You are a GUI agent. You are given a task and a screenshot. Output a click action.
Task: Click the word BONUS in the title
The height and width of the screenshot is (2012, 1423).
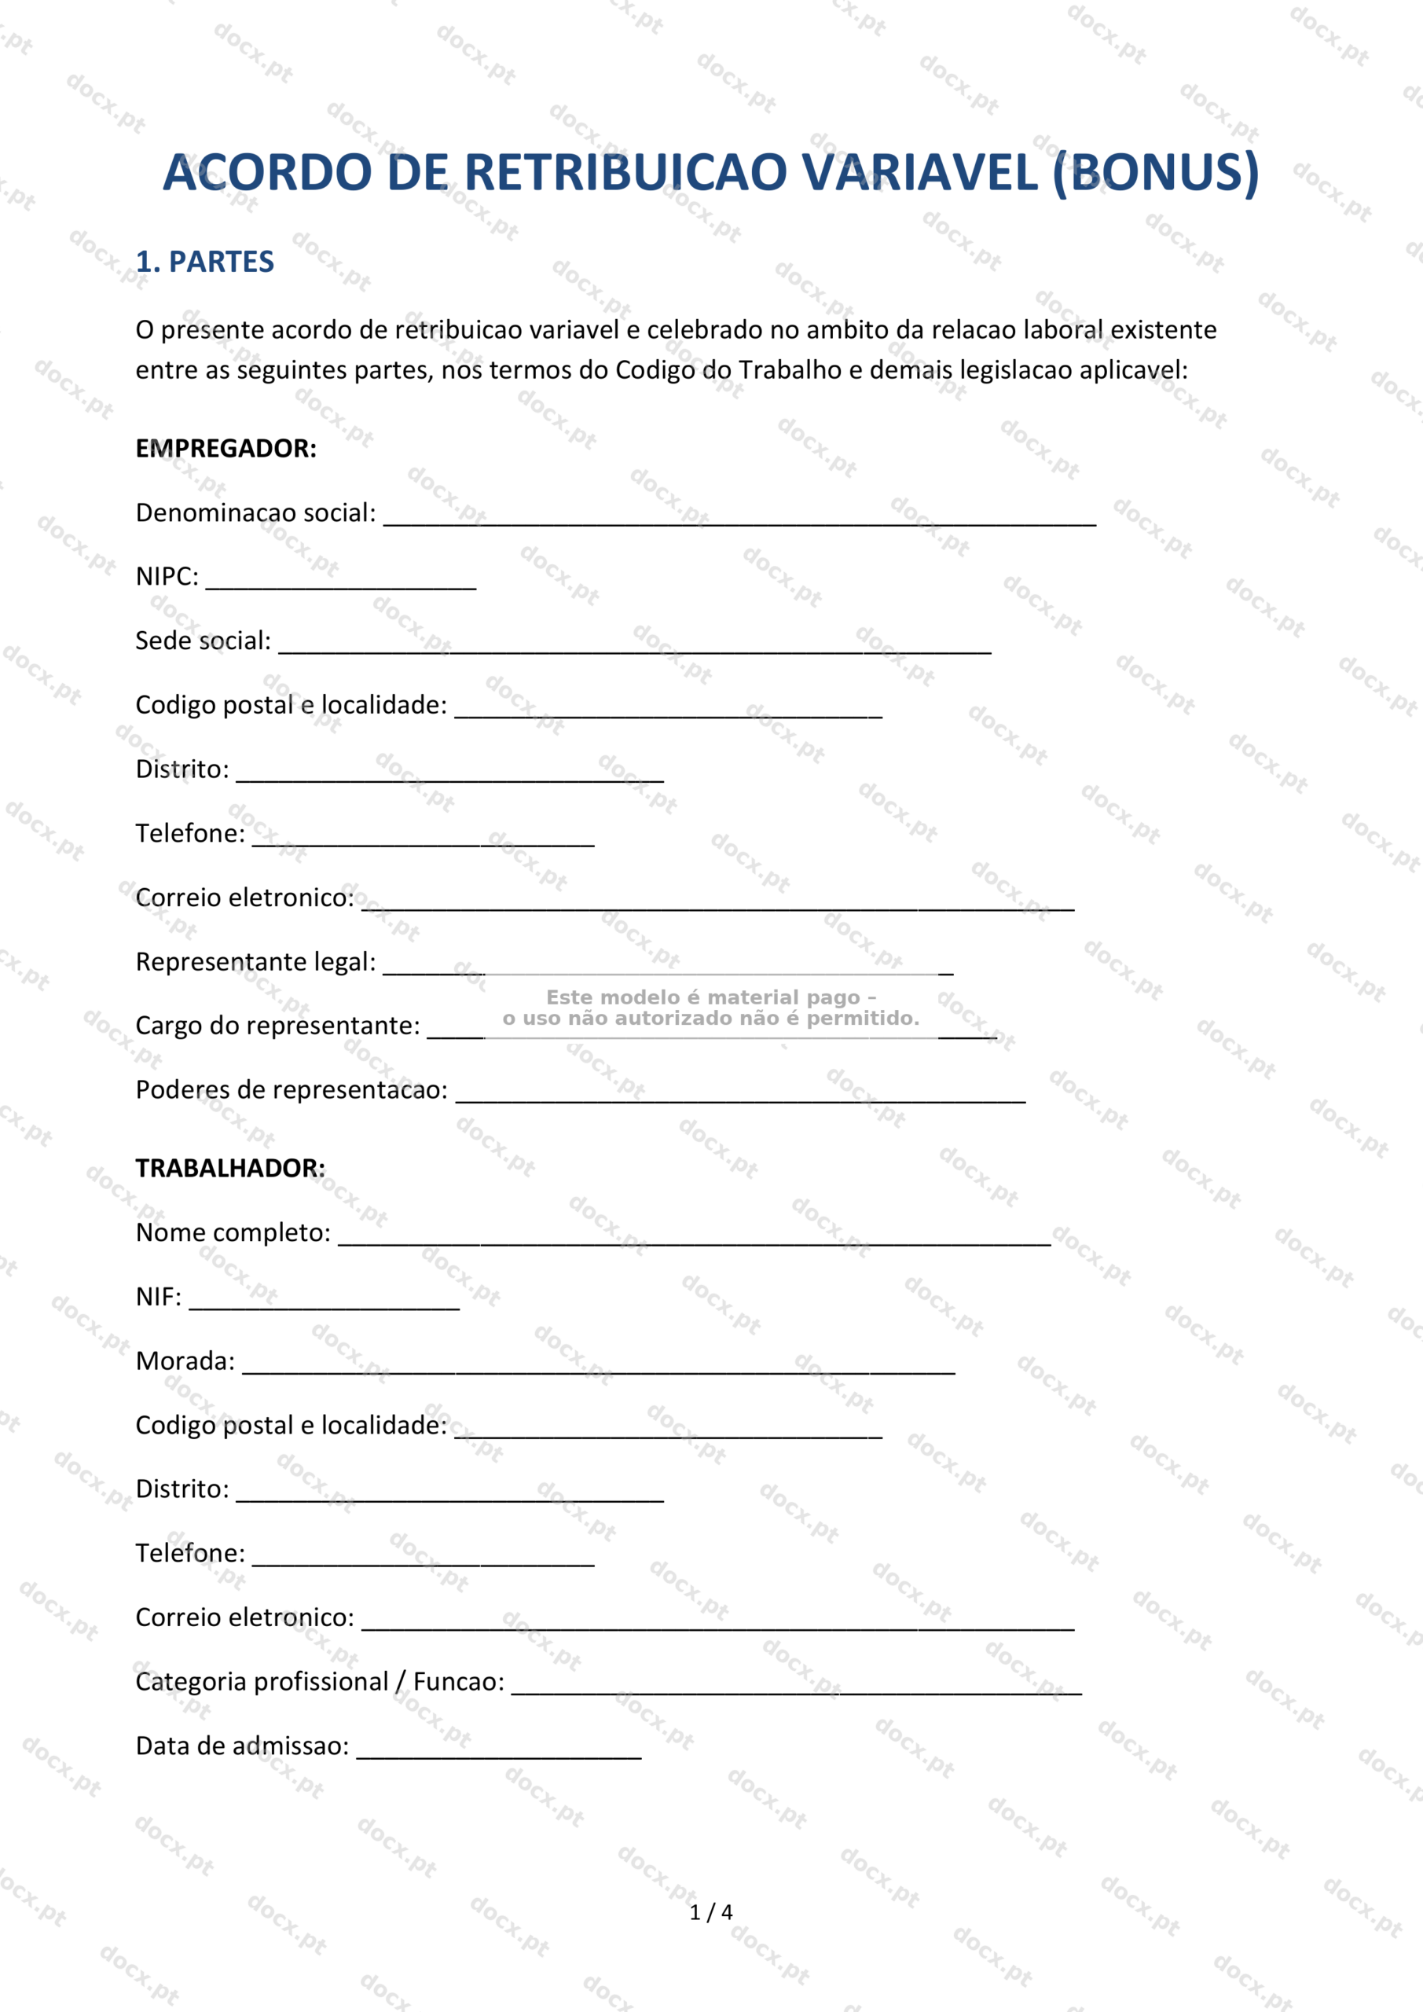(x=1157, y=172)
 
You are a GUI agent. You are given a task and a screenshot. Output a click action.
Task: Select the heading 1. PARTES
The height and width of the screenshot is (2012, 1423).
(x=204, y=262)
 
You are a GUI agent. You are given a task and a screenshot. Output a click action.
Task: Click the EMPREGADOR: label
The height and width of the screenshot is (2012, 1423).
(x=226, y=449)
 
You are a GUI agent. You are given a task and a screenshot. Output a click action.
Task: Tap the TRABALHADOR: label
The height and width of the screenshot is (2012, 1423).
(x=229, y=1168)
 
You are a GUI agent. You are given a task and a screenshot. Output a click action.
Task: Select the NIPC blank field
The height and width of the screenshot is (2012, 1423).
(x=341, y=581)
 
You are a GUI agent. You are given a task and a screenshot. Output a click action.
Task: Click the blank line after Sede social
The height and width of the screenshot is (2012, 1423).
(x=634, y=645)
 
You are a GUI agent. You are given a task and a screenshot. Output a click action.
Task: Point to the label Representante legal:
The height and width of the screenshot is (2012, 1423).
(x=255, y=962)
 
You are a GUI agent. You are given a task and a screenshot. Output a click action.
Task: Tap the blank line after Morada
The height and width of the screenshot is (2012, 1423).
(x=599, y=1365)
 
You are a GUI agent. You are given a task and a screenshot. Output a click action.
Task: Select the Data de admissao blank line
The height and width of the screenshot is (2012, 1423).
(x=499, y=1751)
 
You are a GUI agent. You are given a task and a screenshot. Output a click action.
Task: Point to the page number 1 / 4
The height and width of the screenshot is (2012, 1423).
(x=710, y=1912)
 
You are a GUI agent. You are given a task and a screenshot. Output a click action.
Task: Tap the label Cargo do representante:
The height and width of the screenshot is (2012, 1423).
(x=277, y=1026)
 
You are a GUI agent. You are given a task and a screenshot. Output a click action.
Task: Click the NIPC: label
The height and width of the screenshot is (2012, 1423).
(x=167, y=577)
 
